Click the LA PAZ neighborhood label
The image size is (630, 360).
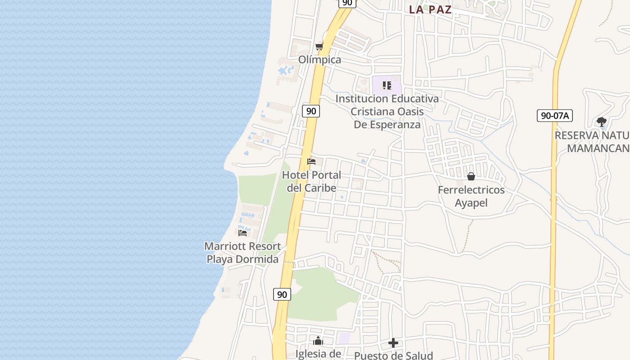[430, 10]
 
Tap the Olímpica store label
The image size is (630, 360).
[319, 60]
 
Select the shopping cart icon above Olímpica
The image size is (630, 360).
[319, 46]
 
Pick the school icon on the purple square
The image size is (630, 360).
[387, 85]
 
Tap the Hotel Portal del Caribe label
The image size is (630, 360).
[311, 181]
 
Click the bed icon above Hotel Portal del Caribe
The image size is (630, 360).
[311, 162]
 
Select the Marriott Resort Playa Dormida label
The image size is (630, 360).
[243, 252]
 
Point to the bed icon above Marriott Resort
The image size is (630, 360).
[243, 233]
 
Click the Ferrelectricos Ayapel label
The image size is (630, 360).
[471, 196]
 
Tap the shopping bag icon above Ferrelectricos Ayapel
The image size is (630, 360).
[471, 176]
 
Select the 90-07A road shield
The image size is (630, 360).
[554, 116]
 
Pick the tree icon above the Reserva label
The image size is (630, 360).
[601, 121]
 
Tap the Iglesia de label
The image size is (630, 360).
[318, 354]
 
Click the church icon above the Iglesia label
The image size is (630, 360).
[318, 341]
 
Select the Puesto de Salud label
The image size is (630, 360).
[393, 355]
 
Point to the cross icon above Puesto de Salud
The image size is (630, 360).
[393, 343]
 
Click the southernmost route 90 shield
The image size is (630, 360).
[282, 295]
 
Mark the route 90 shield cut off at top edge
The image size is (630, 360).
[347, 3]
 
